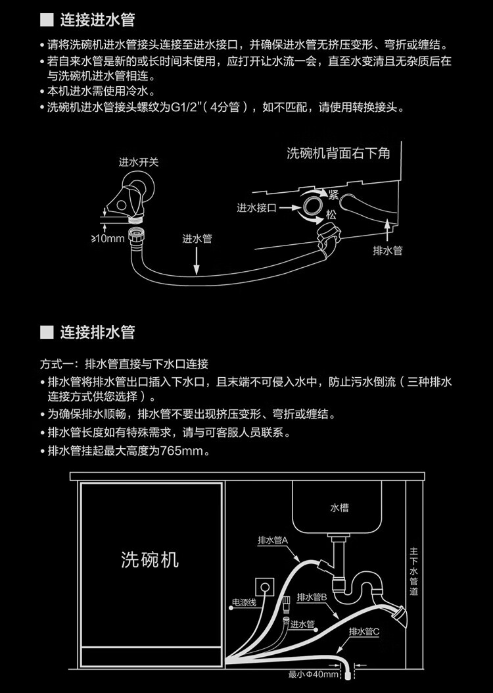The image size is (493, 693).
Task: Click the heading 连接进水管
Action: pyautogui.click(x=97, y=20)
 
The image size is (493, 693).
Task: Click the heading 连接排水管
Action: pyautogui.click(x=97, y=332)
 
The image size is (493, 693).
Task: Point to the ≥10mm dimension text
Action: pyautogui.click(x=107, y=238)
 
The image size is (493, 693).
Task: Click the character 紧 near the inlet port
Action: pyautogui.click(x=333, y=194)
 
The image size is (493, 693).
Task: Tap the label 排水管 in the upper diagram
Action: pyautogui.click(x=387, y=250)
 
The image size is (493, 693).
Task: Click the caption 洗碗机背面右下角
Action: pyautogui.click(x=339, y=153)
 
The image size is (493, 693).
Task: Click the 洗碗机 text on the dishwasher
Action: pyautogui.click(x=150, y=559)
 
